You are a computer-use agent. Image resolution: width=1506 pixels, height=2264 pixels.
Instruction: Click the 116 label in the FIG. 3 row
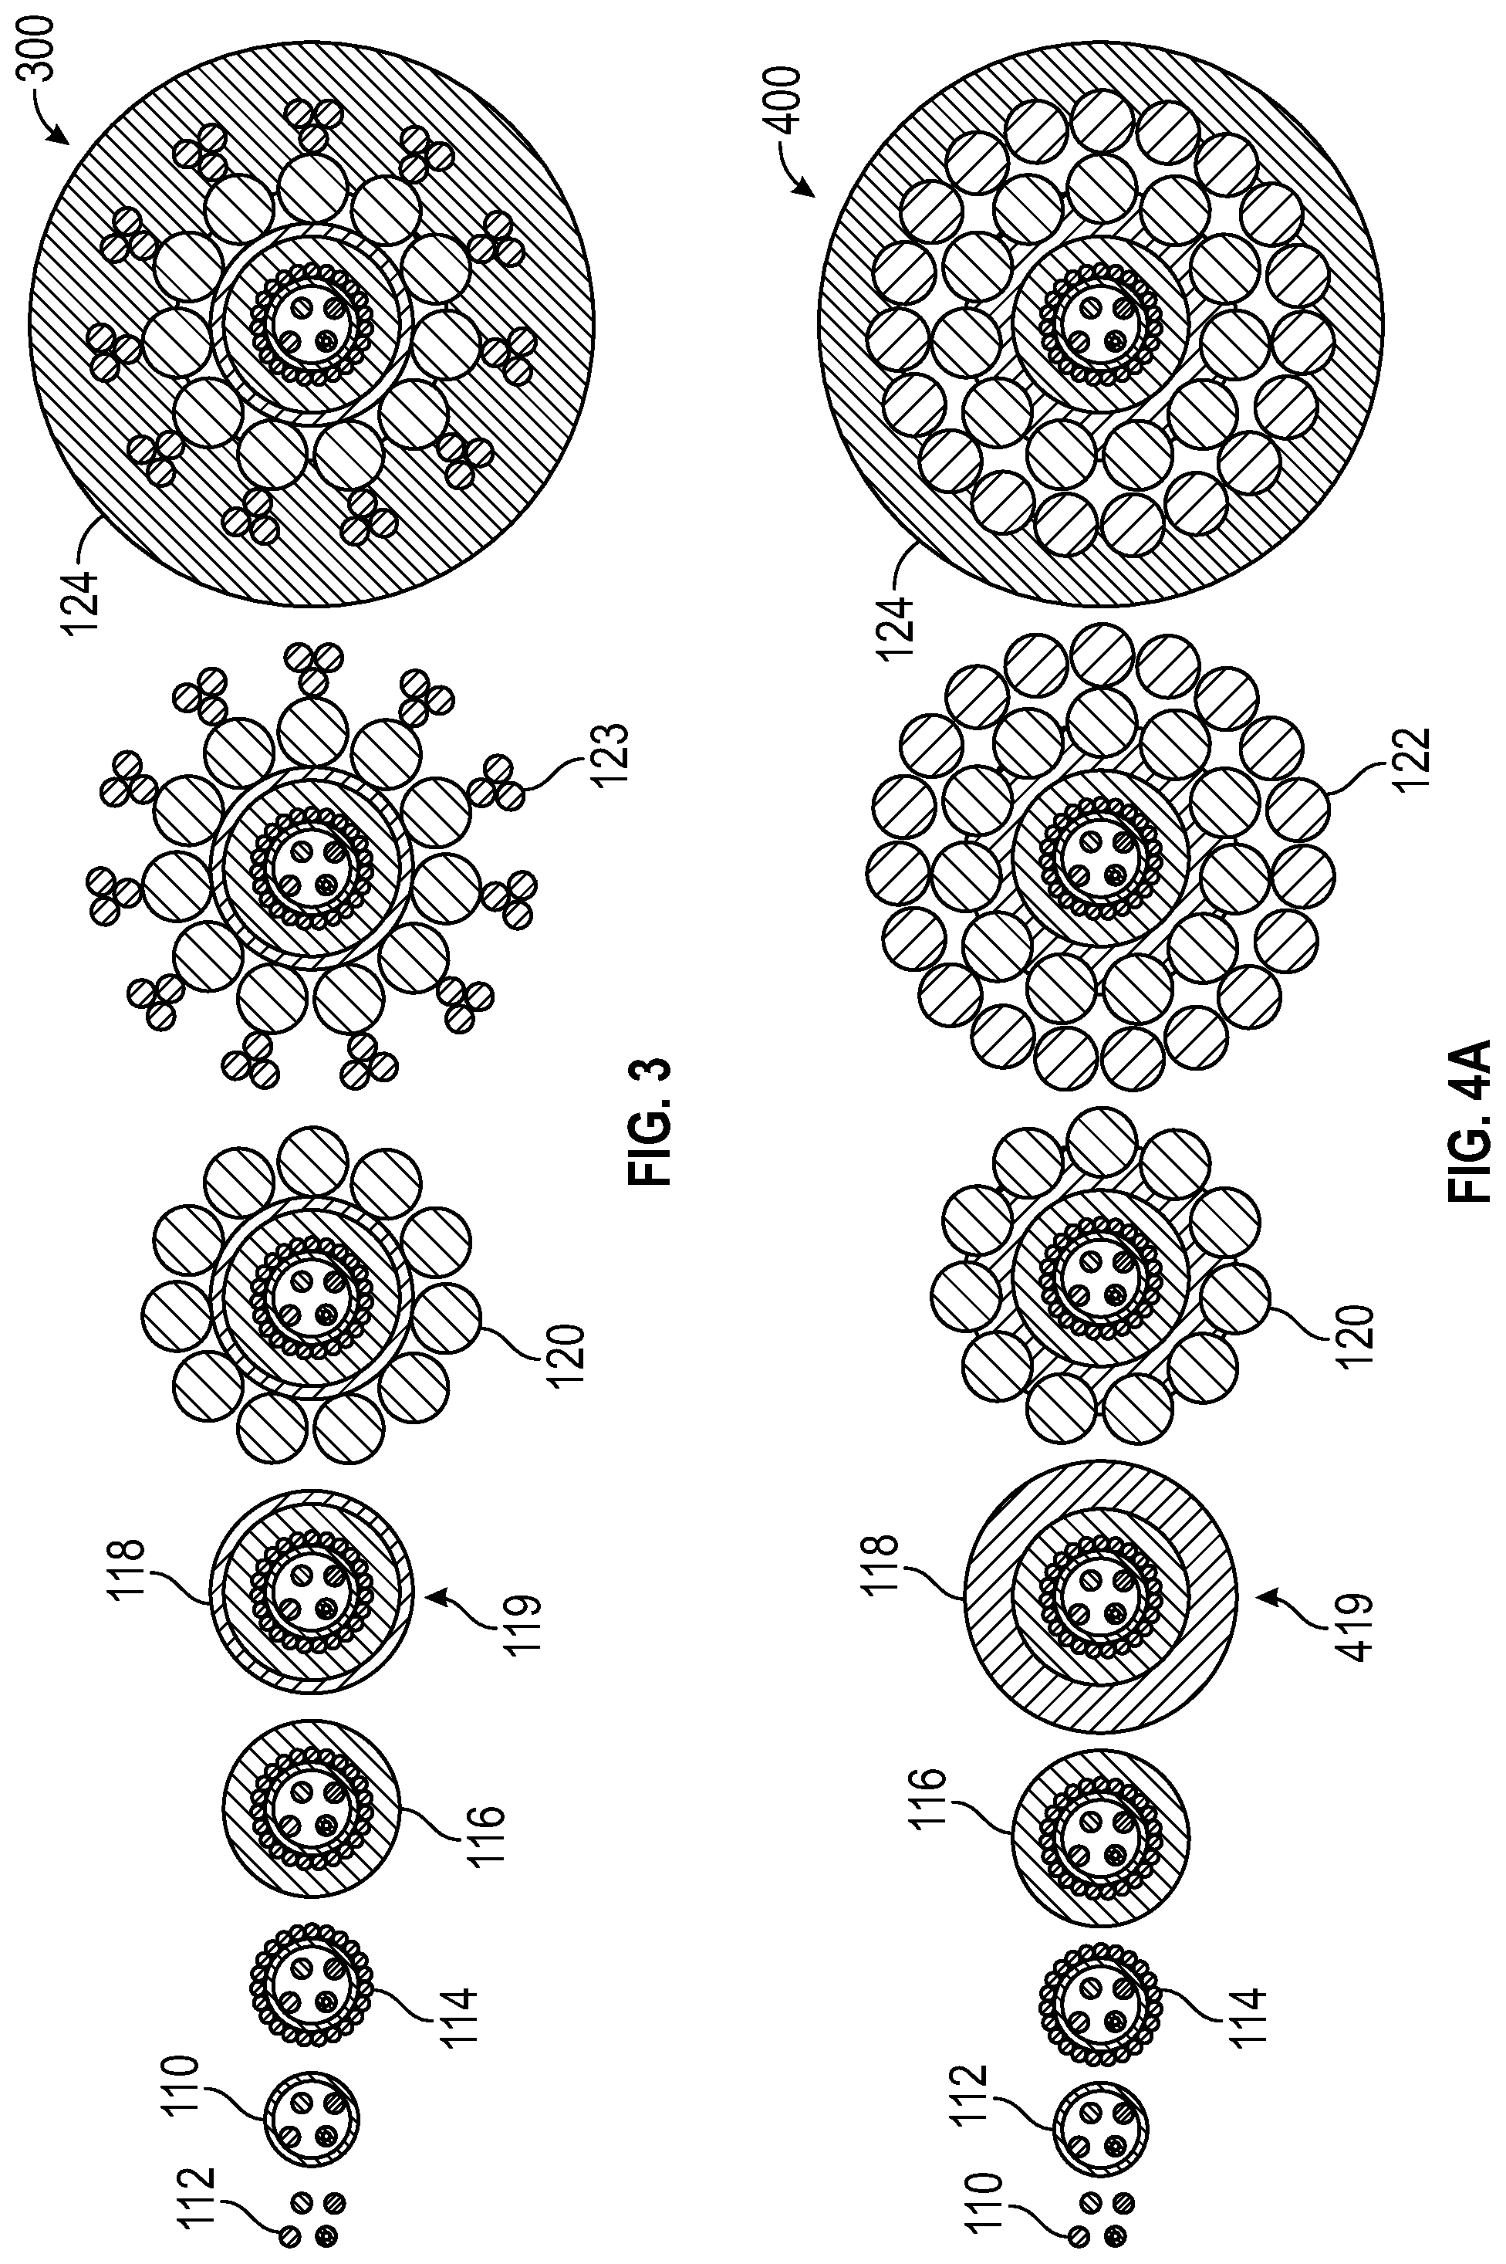(488, 1832)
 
